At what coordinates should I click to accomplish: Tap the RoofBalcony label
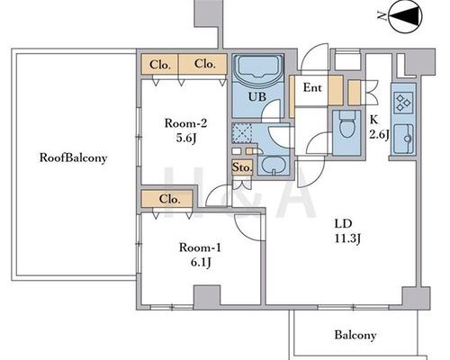pyautogui.click(x=73, y=157)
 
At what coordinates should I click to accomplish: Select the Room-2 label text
pyautogui.click(x=185, y=123)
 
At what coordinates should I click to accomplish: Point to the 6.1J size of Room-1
pyautogui.click(x=201, y=263)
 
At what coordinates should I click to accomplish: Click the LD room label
pyautogui.click(x=343, y=223)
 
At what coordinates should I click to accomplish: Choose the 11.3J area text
pyautogui.click(x=347, y=238)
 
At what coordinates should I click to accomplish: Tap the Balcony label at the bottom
pyautogui.click(x=355, y=335)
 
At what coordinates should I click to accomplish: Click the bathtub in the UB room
pyautogui.click(x=257, y=67)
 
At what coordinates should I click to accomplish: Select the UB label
pyautogui.click(x=257, y=96)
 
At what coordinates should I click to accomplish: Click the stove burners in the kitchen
pyautogui.click(x=403, y=103)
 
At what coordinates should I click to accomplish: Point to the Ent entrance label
pyautogui.click(x=312, y=87)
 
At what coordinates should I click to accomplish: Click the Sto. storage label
pyautogui.click(x=242, y=167)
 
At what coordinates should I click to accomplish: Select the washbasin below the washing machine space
pyautogui.click(x=273, y=165)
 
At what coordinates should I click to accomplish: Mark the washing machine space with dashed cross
pyautogui.click(x=242, y=133)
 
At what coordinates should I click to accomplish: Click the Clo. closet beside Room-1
pyautogui.click(x=170, y=199)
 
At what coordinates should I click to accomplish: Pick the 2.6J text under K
pyautogui.click(x=379, y=134)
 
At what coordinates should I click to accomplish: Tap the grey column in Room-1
pyautogui.click(x=207, y=297)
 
